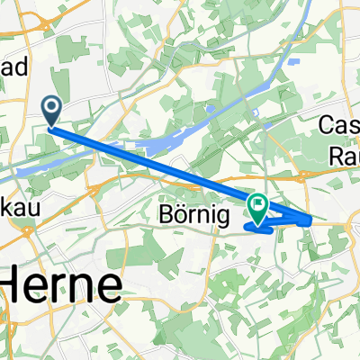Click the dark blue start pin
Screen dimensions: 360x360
coord(51,112)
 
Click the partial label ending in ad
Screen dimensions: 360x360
coord(17,67)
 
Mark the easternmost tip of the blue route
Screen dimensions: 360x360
coord(312,220)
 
